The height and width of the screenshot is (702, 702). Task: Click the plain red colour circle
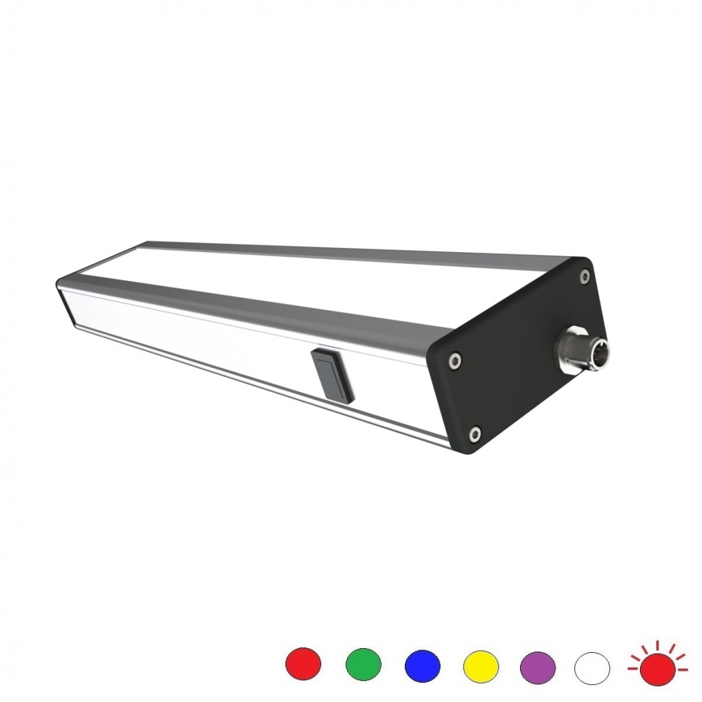point(303,664)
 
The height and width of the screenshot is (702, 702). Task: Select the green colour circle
point(363,664)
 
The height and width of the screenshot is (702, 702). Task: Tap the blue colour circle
point(423,665)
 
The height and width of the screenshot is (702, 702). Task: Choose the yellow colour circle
point(481,665)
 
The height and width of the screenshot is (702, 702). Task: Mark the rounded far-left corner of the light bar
point(61,284)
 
